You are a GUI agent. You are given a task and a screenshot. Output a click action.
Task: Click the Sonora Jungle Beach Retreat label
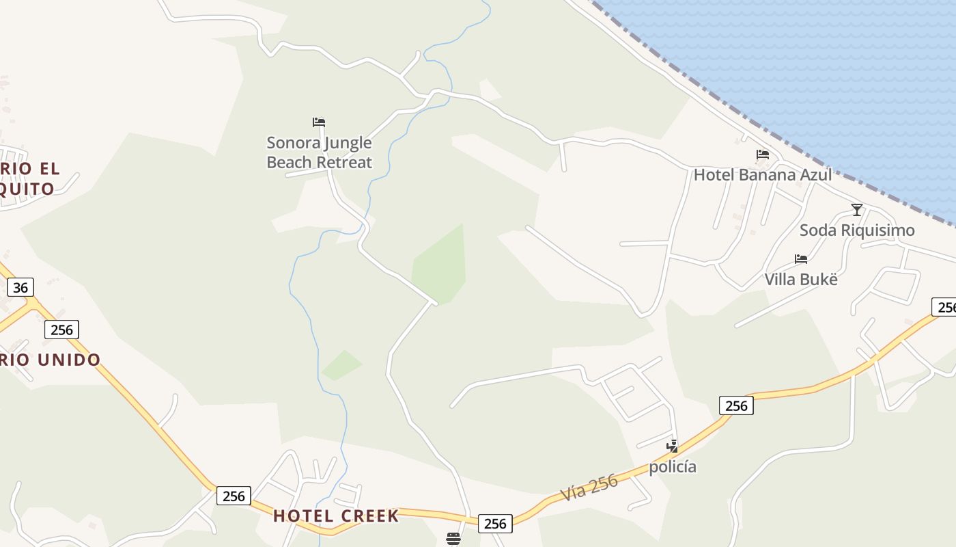point(319,152)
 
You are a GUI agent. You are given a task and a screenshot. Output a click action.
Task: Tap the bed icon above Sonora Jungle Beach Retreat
point(319,122)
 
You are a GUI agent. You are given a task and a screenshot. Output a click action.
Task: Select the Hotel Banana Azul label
point(763,174)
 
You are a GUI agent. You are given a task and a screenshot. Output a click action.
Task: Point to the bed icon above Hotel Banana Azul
point(763,155)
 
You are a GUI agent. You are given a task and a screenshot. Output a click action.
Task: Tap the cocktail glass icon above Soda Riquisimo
point(857,209)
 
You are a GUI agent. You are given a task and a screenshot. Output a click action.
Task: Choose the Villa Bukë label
point(800,279)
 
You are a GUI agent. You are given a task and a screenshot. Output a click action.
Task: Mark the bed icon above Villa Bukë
point(801,259)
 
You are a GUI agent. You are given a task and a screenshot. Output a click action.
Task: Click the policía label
point(673,466)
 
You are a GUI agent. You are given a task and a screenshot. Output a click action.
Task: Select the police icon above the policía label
point(673,446)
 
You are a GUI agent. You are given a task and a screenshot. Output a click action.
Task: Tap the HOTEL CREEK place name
point(336,516)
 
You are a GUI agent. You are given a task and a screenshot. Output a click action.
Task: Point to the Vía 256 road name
point(589,487)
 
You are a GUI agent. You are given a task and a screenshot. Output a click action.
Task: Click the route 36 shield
point(20,287)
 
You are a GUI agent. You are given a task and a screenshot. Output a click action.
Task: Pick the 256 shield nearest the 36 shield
point(61,330)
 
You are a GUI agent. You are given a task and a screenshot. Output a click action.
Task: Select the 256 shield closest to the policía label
point(736,405)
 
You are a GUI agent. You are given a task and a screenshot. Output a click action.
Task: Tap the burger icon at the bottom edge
point(453,539)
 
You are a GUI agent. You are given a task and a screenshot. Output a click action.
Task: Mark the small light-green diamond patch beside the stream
point(342,365)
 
